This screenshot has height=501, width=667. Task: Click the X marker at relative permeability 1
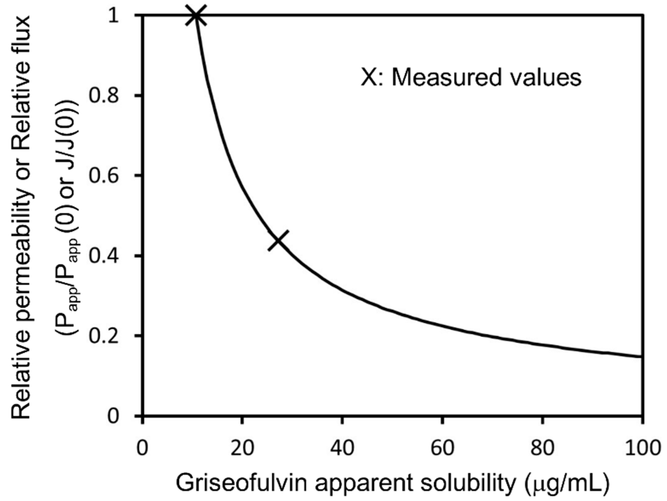tap(196, 15)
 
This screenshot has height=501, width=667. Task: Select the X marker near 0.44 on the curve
tap(278, 241)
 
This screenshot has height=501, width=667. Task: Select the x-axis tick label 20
tap(242, 447)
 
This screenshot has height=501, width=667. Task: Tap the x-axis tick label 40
tap(342, 447)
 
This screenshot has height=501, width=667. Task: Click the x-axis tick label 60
tap(442, 447)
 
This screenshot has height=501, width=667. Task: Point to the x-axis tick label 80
tap(542, 447)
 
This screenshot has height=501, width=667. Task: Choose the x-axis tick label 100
tap(640, 447)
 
